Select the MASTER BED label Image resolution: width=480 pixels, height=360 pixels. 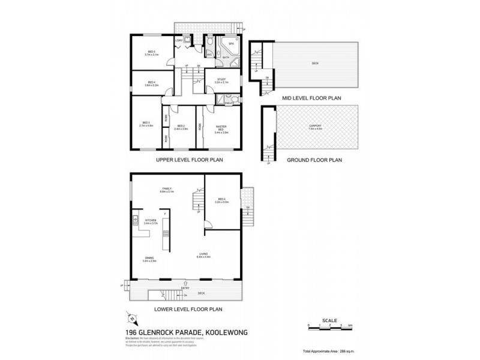[x=220, y=127]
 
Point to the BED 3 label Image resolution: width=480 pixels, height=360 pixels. [x=146, y=124]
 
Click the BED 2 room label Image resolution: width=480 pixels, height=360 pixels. [x=181, y=127]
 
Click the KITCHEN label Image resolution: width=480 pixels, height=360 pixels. [x=150, y=220]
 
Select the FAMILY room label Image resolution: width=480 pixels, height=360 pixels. [x=166, y=189]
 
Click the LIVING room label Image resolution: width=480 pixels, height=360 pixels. [x=203, y=254]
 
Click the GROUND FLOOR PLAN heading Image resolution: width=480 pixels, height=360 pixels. [x=314, y=160]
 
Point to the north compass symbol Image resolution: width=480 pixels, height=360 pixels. [x=133, y=318]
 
